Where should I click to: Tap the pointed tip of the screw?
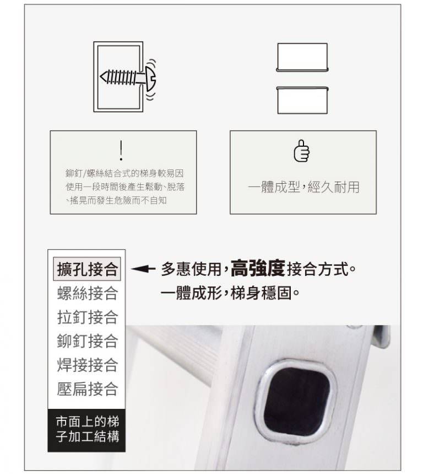101,77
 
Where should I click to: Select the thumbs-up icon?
301,151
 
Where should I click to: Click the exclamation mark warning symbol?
121,150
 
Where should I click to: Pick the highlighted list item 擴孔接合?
87,269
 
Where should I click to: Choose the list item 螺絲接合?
87,293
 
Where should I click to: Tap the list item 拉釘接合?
87,317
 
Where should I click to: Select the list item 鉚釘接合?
87,340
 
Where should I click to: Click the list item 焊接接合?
87,365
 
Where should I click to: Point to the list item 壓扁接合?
87,388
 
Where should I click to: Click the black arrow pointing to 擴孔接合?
143,268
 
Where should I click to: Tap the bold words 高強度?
258,268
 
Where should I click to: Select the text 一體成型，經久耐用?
303,187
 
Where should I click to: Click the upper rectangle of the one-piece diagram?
302,57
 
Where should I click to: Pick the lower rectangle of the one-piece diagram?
302,100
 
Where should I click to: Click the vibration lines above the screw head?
153,63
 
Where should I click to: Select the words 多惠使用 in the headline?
191,269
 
